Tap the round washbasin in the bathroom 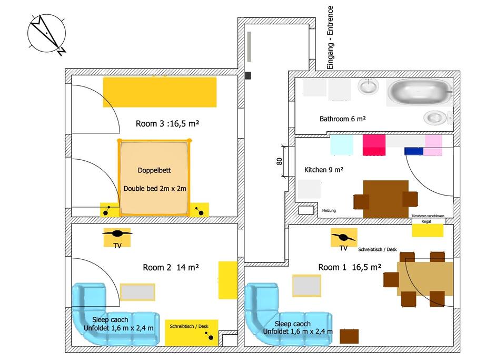(x=368, y=86)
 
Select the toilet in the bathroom (x=437, y=118)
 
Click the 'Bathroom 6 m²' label (x=342, y=119)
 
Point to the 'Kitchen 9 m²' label (x=324, y=170)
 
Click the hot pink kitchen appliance (x=374, y=145)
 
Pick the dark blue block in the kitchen (x=413, y=151)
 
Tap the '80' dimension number (x=279, y=161)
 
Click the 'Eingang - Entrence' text (x=330, y=37)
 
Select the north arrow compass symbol (x=46, y=33)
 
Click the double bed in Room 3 (x=154, y=178)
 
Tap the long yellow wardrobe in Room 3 (x=160, y=92)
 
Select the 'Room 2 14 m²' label (x=171, y=267)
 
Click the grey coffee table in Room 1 (x=306, y=286)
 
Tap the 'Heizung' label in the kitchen (x=329, y=210)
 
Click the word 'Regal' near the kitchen (x=426, y=221)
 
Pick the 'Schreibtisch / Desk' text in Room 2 (x=189, y=326)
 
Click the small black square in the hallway (x=248, y=75)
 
